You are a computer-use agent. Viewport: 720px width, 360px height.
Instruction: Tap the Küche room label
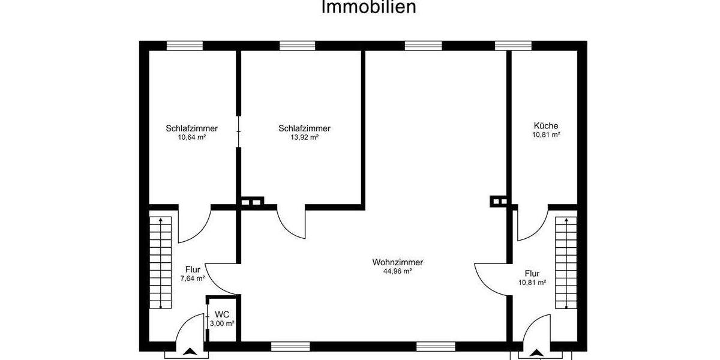[x=546, y=126]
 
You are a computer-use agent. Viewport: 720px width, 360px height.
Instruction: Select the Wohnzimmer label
[x=398, y=262]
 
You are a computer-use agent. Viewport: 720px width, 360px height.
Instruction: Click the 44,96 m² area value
[x=398, y=271]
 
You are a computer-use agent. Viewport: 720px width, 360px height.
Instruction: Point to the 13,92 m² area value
[x=304, y=137]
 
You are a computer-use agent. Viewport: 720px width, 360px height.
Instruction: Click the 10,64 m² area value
[x=191, y=137]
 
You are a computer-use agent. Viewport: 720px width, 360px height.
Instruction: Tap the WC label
[x=223, y=314]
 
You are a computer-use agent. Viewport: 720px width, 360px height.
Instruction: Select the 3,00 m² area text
[x=222, y=323]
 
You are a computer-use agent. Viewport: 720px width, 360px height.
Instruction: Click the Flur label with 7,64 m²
[x=193, y=269]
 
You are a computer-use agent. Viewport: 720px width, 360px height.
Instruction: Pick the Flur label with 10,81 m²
[x=532, y=273]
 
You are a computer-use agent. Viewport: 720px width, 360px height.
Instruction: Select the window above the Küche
[x=513, y=46]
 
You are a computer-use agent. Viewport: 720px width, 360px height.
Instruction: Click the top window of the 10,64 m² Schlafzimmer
[x=184, y=46]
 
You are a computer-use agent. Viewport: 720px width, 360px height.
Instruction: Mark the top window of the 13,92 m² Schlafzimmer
[x=297, y=46]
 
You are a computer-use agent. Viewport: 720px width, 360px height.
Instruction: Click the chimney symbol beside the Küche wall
[x=498, y=202]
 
